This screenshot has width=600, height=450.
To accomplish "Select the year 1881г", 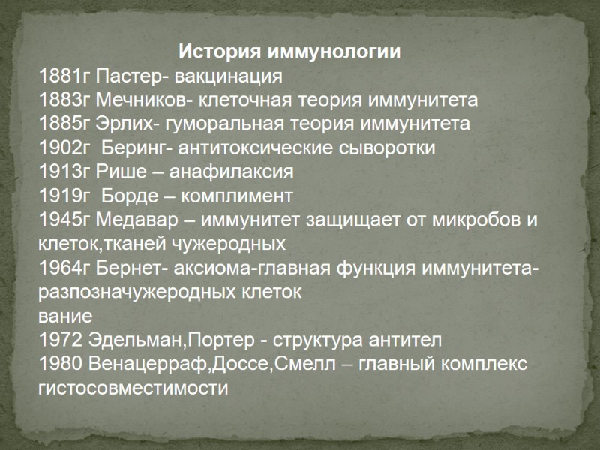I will coord(65,76).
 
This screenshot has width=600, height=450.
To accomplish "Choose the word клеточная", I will coord(249,100).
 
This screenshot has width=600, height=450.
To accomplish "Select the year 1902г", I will coord(65,148).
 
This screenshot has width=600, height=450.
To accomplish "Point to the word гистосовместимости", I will coord(132,388).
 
